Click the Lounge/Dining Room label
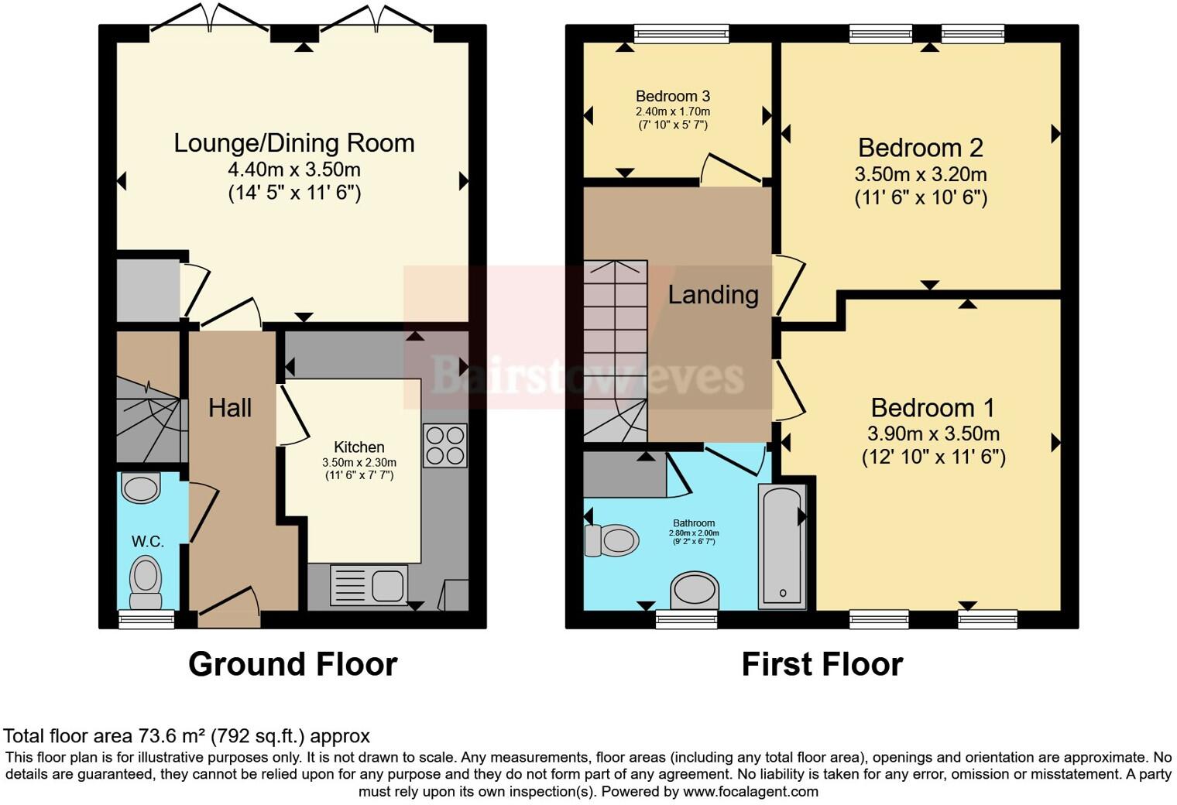pos(294,144)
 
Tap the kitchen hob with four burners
pos(445,445)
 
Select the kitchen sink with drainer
pos(369,584)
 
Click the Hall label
pos(230,408)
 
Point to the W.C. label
pos(148,541)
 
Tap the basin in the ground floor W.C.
pos(141,488)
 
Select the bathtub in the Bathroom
pos(782,546)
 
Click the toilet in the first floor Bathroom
pos(612,540)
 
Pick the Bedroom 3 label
pos(673,96)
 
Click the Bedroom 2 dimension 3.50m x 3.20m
pos(921,174)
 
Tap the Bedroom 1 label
pos(932,408)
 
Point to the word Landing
pos(713,295)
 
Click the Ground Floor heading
pos(293,664)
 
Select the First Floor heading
pos(822,664)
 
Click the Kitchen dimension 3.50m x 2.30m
pos(359,463)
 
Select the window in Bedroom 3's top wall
pos(681,33)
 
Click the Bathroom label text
pos(694,523)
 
